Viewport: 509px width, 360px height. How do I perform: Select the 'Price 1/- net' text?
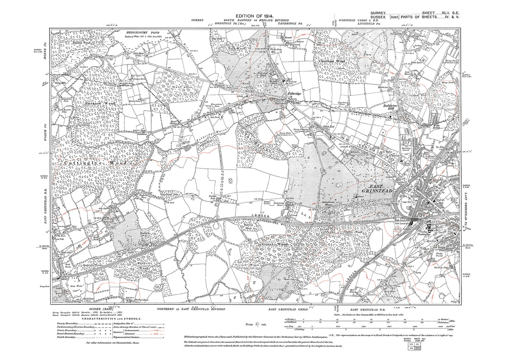(255, 323)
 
